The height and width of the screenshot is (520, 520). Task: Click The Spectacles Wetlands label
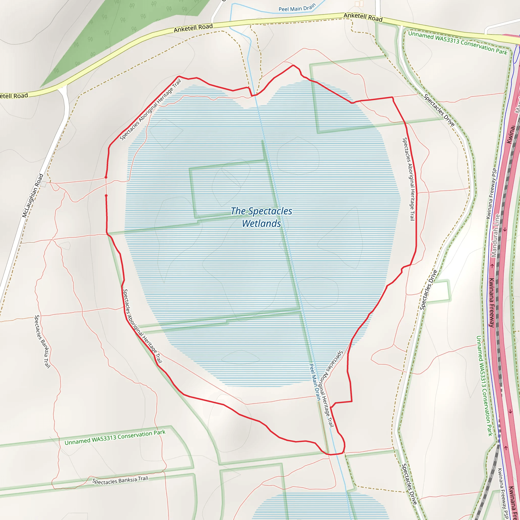point(261,217)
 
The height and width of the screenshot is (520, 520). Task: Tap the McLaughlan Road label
point(33,196)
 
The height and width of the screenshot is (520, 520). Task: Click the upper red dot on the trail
point(106,177)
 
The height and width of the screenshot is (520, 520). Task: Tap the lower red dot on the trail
point(106,196)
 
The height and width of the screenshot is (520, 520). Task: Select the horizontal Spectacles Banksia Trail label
point(120,480)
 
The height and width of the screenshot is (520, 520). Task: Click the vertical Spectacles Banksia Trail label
point(42,342)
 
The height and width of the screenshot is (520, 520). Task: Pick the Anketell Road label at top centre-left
point(193,28)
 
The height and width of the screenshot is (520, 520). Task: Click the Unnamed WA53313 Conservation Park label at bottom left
point(115,437)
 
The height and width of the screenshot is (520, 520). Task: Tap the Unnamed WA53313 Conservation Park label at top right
point(458,42)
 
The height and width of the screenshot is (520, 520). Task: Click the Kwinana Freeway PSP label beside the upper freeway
point(491,193)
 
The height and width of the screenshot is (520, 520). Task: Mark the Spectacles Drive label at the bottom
point(409,484)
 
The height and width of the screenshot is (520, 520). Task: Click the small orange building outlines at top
point(359,4)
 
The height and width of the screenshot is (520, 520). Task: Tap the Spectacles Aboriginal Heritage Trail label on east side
point(408,179)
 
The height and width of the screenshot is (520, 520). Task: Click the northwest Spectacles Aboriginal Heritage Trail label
point(150,110)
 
